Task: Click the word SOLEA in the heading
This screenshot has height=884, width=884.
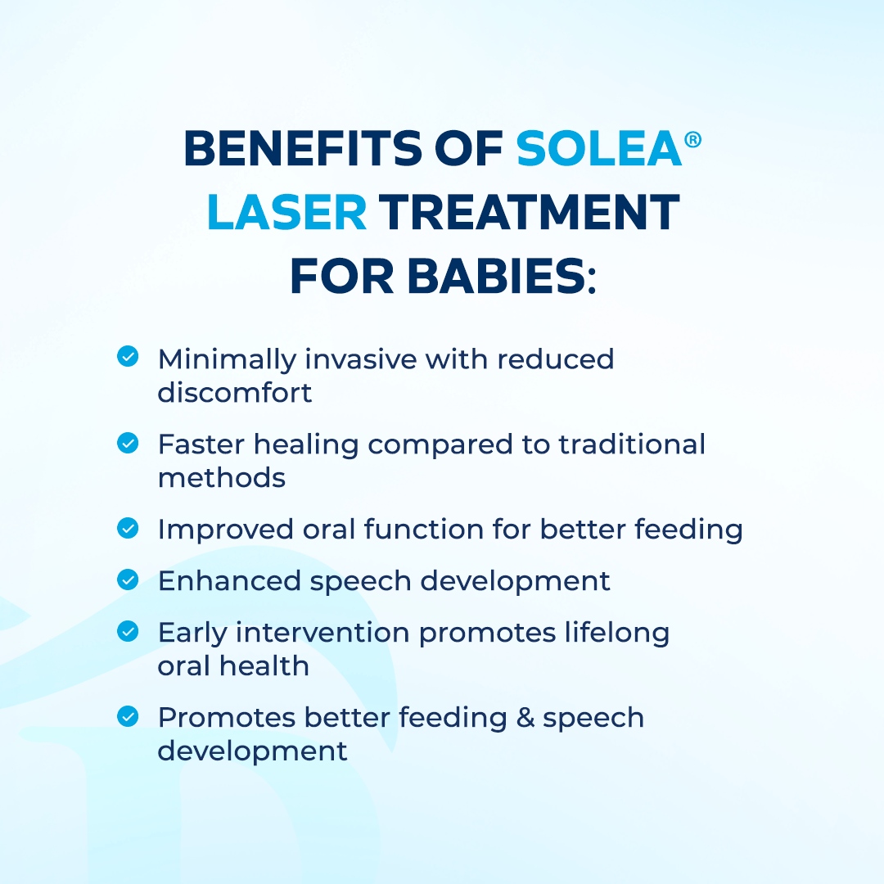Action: point(598,148)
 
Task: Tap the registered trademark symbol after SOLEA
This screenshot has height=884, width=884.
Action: point(693,139)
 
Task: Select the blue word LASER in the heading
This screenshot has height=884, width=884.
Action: point(287,212)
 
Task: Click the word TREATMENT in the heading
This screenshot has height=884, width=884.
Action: point(529,212)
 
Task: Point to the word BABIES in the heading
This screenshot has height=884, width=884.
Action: point(496,277)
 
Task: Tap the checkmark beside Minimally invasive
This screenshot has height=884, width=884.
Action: point(128,356)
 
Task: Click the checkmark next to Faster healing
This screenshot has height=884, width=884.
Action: point(128,443)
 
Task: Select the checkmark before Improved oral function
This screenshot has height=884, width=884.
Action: point(128,528)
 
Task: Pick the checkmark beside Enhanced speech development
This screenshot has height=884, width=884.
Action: point(128,579)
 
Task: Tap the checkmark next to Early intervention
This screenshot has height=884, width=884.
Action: point(128,631)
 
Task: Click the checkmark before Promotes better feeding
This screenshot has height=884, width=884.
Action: point(128,716)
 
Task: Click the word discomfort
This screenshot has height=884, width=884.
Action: point(235,392)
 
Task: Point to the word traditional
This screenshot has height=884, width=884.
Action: point(632,444)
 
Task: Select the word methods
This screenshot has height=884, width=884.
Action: point(222,478)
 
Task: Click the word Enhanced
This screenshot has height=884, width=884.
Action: point(229,580)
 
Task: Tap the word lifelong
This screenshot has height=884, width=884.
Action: point(617,634)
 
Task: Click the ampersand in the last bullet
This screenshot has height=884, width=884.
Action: point(525,718)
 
